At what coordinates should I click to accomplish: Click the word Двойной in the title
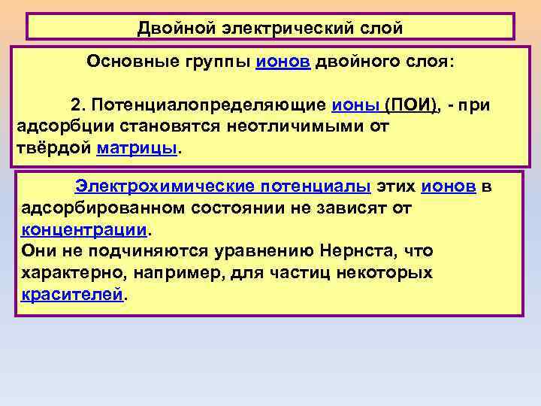174,29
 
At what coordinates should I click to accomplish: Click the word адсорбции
64,126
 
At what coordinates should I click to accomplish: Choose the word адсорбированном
107,208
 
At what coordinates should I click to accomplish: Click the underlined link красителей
71,293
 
